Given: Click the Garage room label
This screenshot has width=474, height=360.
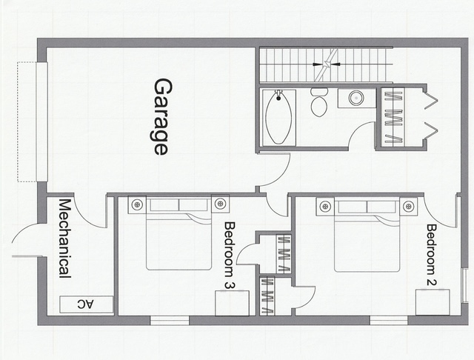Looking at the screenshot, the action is (163, 117).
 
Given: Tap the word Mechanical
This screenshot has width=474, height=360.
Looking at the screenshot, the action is (64, 239).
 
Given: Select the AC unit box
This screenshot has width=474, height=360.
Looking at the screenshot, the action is (86, 304).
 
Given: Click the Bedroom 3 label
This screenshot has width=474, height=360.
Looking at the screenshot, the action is (230, 256).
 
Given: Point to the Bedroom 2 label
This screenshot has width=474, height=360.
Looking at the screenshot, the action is (431, 255).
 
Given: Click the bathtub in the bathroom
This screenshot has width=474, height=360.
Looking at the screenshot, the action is (278, 117).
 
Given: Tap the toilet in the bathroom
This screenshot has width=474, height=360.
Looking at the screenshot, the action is (319, 102).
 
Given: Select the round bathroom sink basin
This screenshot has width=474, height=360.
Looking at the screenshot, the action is (356, 98).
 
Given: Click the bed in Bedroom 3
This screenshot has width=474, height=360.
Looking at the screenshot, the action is (178, 233).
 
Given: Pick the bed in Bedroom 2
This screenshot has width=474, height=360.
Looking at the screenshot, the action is (367, 235).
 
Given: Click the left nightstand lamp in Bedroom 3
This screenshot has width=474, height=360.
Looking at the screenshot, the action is (137, 204).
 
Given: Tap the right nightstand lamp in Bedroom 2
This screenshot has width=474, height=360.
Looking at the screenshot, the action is (408, 207).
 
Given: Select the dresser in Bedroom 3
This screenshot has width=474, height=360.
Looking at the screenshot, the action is (232, 303).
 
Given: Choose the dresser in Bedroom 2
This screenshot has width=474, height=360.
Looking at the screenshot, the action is (433, 302).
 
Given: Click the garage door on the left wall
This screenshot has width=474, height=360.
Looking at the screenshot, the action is (41, 121).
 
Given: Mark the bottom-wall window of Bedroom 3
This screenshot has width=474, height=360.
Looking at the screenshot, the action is (170, 321).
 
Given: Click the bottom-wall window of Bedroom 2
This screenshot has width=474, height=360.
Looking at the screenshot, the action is (389, 321).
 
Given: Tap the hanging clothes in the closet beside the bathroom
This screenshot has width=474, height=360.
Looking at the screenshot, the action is (393, 117).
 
